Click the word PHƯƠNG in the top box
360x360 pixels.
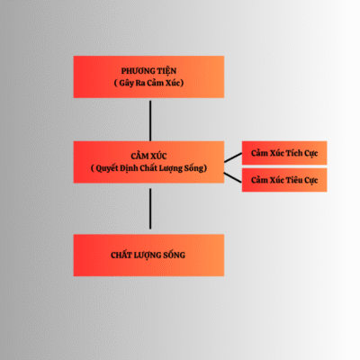click(x=138, y=71)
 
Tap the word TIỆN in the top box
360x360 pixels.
click(x=166, y=71)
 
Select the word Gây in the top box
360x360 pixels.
click(x=126, y=83)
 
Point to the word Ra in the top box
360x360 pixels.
click(x=140, y=83)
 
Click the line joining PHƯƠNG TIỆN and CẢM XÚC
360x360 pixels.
click(x=150, y=121)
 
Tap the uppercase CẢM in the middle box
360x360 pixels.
click(x=139, y=156)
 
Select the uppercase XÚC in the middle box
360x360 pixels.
click(x=158, y=156)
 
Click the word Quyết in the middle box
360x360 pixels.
click(x=106, y=168)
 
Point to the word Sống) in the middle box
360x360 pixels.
click(x=195, y=168)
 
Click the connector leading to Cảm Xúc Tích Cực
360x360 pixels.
click(x=233, y=157)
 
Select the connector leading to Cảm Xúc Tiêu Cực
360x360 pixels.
click(x=233, y=177)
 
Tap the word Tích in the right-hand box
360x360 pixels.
click(x=293, y=153)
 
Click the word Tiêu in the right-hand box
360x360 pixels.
click(x=294, y=180)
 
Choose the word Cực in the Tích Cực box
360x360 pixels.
click(x=311, y=154)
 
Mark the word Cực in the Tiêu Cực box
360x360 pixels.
click(x=311, y=181)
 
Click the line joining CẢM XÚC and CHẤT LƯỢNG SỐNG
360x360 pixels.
click(x=150, y=209)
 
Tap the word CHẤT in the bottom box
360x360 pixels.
click(x=121, y=255)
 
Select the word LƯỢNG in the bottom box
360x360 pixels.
click(x=147, y=256)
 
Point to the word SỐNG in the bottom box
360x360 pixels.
click(x=174, y=255)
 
